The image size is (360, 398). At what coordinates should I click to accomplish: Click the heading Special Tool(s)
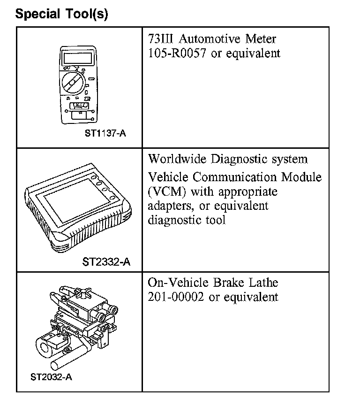point(61,14)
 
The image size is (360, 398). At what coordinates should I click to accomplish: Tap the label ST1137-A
point(105,133)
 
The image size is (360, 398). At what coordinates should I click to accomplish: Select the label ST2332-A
point(106,261)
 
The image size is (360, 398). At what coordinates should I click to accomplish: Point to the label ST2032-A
point(52,376)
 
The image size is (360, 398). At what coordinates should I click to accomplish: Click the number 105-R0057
point(178,53)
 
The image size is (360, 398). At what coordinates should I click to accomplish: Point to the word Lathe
point(262,283)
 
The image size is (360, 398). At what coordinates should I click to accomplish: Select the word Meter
point(261,39)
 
